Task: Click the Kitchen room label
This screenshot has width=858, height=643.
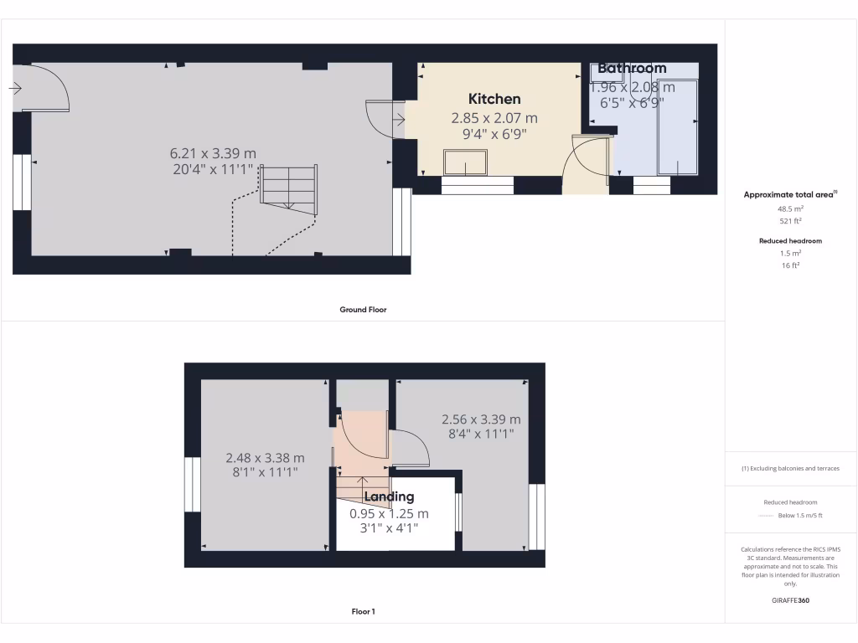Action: (x=494, y=99)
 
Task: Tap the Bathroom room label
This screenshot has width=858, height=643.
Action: (x=632, y=69)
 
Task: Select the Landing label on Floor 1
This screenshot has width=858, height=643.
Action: (x=389, y=496)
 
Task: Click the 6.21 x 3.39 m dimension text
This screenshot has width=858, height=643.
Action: (x=213, y=153)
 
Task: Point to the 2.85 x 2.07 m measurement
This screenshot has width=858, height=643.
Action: (x=494, y=118)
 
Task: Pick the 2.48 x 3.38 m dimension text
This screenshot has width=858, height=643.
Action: (x=265, y=458)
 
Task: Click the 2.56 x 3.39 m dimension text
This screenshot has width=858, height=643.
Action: (x=481, y=419)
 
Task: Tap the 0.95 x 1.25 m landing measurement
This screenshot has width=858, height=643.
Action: (x=389, y=513)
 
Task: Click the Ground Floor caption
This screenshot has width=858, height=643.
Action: (x=363, y=310)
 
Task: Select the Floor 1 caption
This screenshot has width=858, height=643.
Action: (x=363, y=612)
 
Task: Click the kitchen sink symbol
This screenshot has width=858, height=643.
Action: (x=465, y=162)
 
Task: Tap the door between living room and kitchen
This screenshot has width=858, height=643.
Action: (x=385, y=119)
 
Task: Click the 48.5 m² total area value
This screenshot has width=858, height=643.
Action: (x=791, y=210)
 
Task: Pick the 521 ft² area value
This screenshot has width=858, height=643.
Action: (x=791, y=221)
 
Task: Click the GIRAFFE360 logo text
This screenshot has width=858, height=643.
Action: (x=791, y=600)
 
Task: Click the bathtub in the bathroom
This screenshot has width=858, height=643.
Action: (x=678, y=126)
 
